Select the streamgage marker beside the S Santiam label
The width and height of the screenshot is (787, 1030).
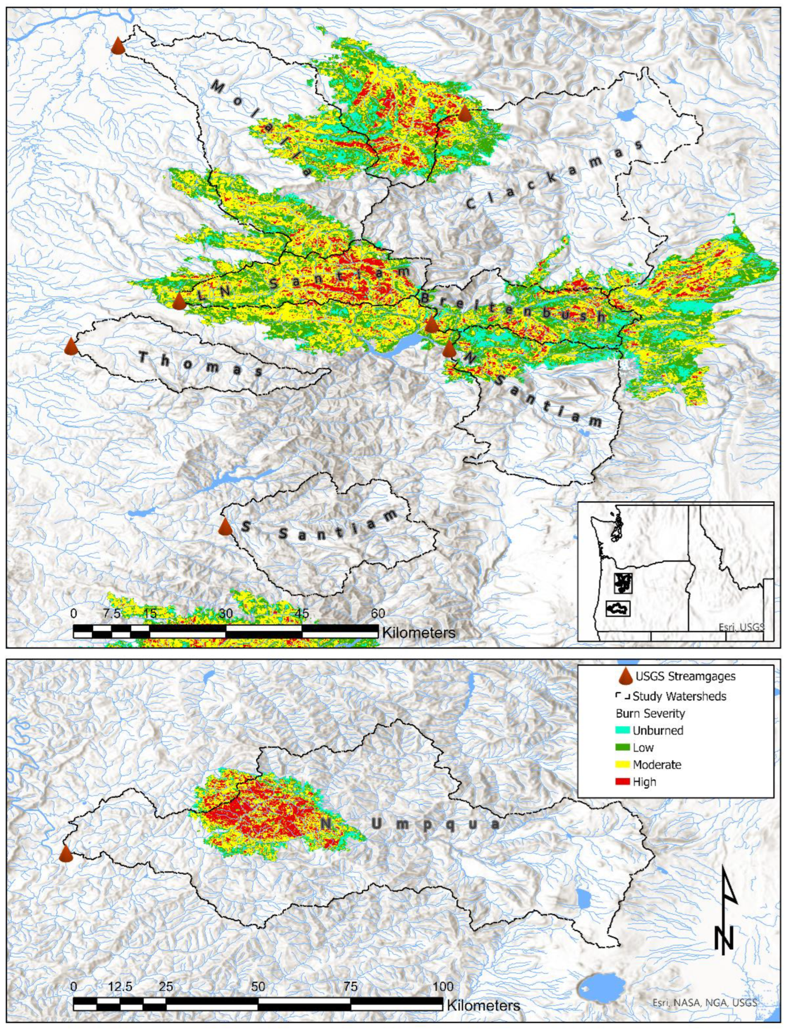[225, 526]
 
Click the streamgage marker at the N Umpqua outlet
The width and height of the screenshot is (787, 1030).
[66, 853]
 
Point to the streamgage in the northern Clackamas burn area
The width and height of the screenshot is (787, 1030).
[464, 113]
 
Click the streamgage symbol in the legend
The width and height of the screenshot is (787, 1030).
[625, 676]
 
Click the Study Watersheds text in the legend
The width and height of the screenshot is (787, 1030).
[679, 696]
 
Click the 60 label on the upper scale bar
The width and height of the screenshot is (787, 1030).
[377, 613]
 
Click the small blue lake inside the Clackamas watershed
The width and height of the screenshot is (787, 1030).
[626, 116]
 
